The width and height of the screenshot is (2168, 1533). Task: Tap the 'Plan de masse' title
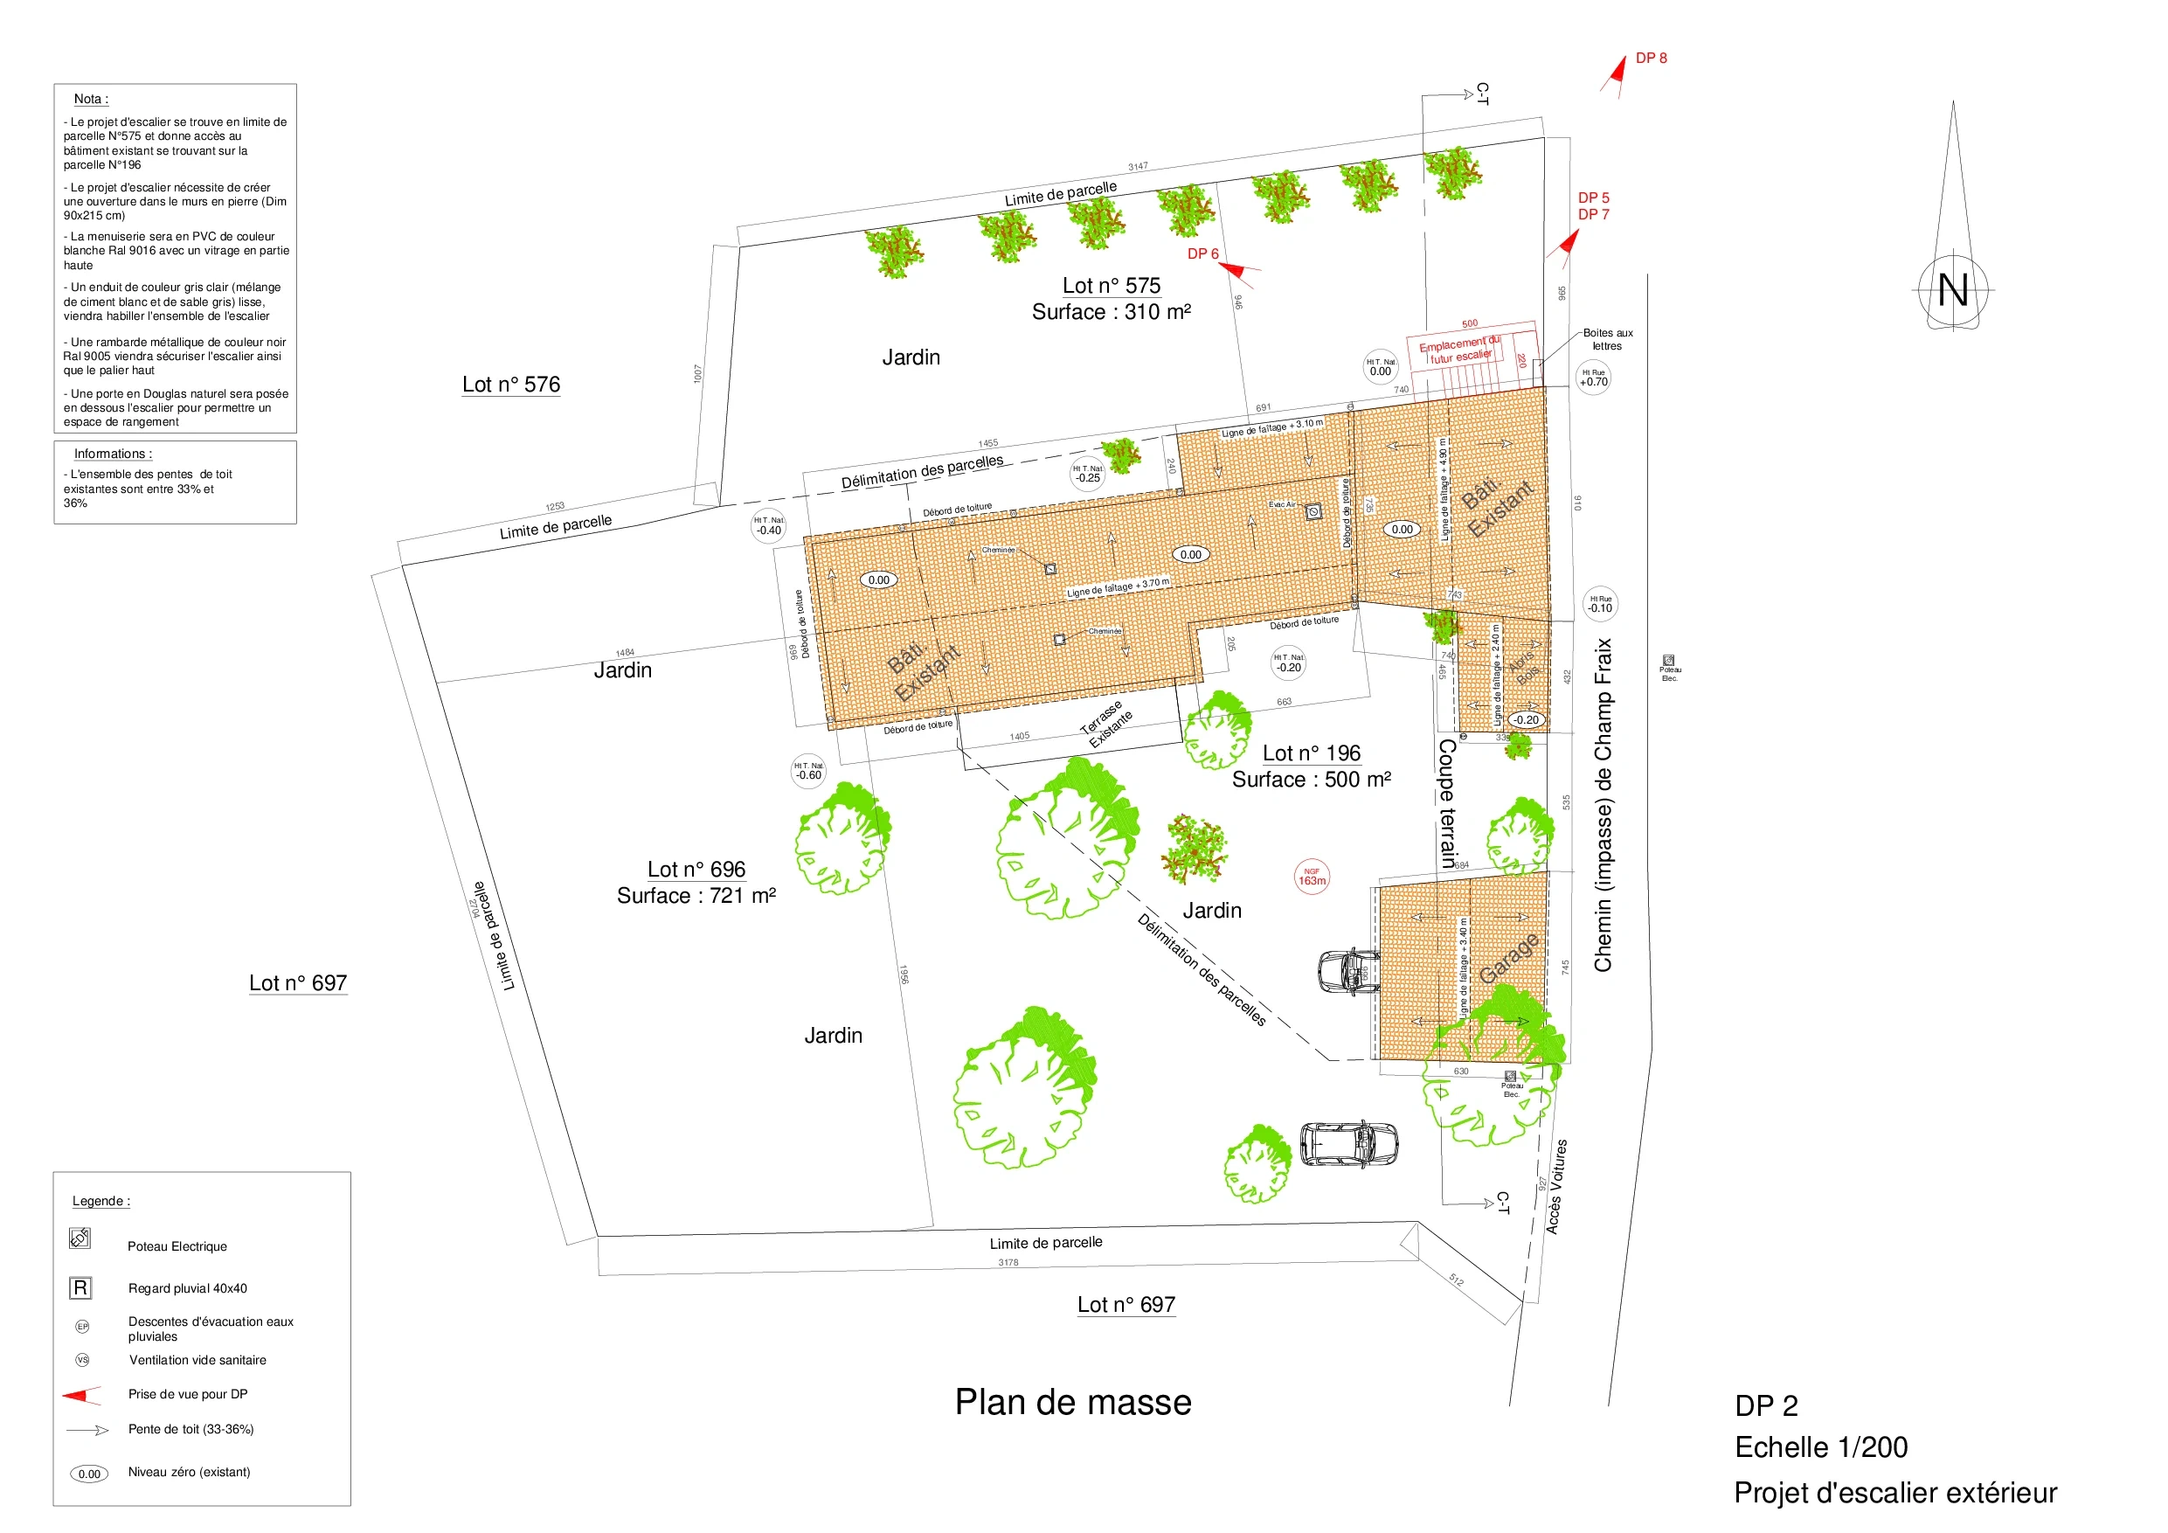(1073, 1402)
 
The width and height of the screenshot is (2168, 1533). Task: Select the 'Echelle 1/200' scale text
(1820, 1447)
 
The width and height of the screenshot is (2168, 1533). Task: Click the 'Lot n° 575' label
(1111, 285)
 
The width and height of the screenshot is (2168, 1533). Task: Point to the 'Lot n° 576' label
(511, 385)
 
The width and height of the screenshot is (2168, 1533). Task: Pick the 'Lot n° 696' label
(696, 869)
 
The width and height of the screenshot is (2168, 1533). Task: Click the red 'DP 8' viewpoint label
(1651, 59)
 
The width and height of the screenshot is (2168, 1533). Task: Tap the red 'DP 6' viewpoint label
(1202, 253)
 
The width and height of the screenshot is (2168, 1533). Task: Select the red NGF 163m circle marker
(1312, 877)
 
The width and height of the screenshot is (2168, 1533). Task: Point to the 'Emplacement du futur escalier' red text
(1460, 350)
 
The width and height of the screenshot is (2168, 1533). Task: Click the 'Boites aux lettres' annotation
(1607, 339)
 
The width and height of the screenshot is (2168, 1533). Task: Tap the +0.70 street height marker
(1594, 378)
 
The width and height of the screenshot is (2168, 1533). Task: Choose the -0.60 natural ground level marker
(808, 772)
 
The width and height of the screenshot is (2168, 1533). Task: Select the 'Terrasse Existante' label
(1105, 724)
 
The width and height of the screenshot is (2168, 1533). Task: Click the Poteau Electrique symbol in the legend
(80, 1238)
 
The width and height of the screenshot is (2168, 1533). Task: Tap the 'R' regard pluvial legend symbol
(80, 1287)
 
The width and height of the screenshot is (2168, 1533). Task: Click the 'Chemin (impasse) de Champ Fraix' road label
(1603, 805)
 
